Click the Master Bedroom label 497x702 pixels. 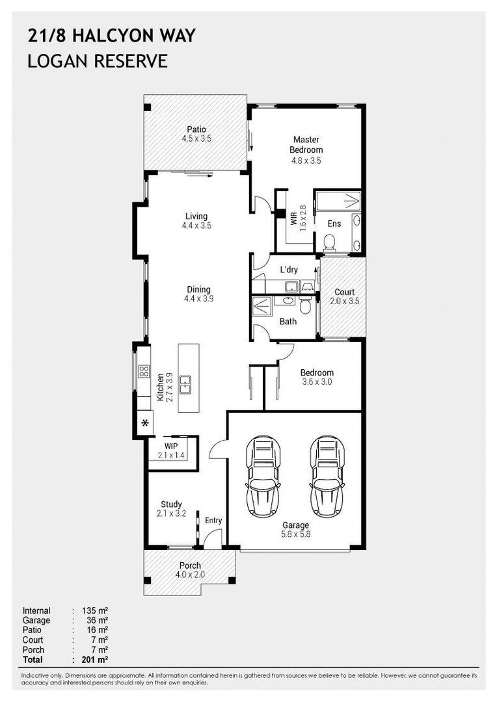[306, 144]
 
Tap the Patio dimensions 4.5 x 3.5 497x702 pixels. [196, 139]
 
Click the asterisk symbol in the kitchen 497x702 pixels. [145, 423]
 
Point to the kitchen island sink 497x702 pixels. [185, 385]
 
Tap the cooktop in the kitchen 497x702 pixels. [144, 370]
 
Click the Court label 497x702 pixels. [344, 292]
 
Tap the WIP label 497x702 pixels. [170, 446]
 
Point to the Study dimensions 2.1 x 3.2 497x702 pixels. [171, 513]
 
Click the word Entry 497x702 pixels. [213, 520]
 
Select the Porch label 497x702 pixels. [190, 565]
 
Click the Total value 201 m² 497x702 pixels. [95, 660]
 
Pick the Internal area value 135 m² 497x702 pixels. [95, 610]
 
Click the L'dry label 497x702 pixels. [289, 270]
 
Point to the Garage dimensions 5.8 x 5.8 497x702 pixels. [296, 534]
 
